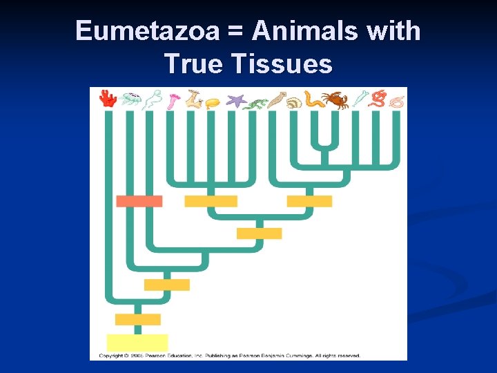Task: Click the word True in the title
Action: (x=194, y=64)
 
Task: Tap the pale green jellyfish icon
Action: (x=129, y=99)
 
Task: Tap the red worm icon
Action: (x=378, y=99)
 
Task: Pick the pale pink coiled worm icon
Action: (x=396, y=102)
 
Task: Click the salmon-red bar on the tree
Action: (x=139, y=201)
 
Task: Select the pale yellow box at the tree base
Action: (x=137, y=342)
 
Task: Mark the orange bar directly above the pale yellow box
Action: (x=137, y=319)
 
